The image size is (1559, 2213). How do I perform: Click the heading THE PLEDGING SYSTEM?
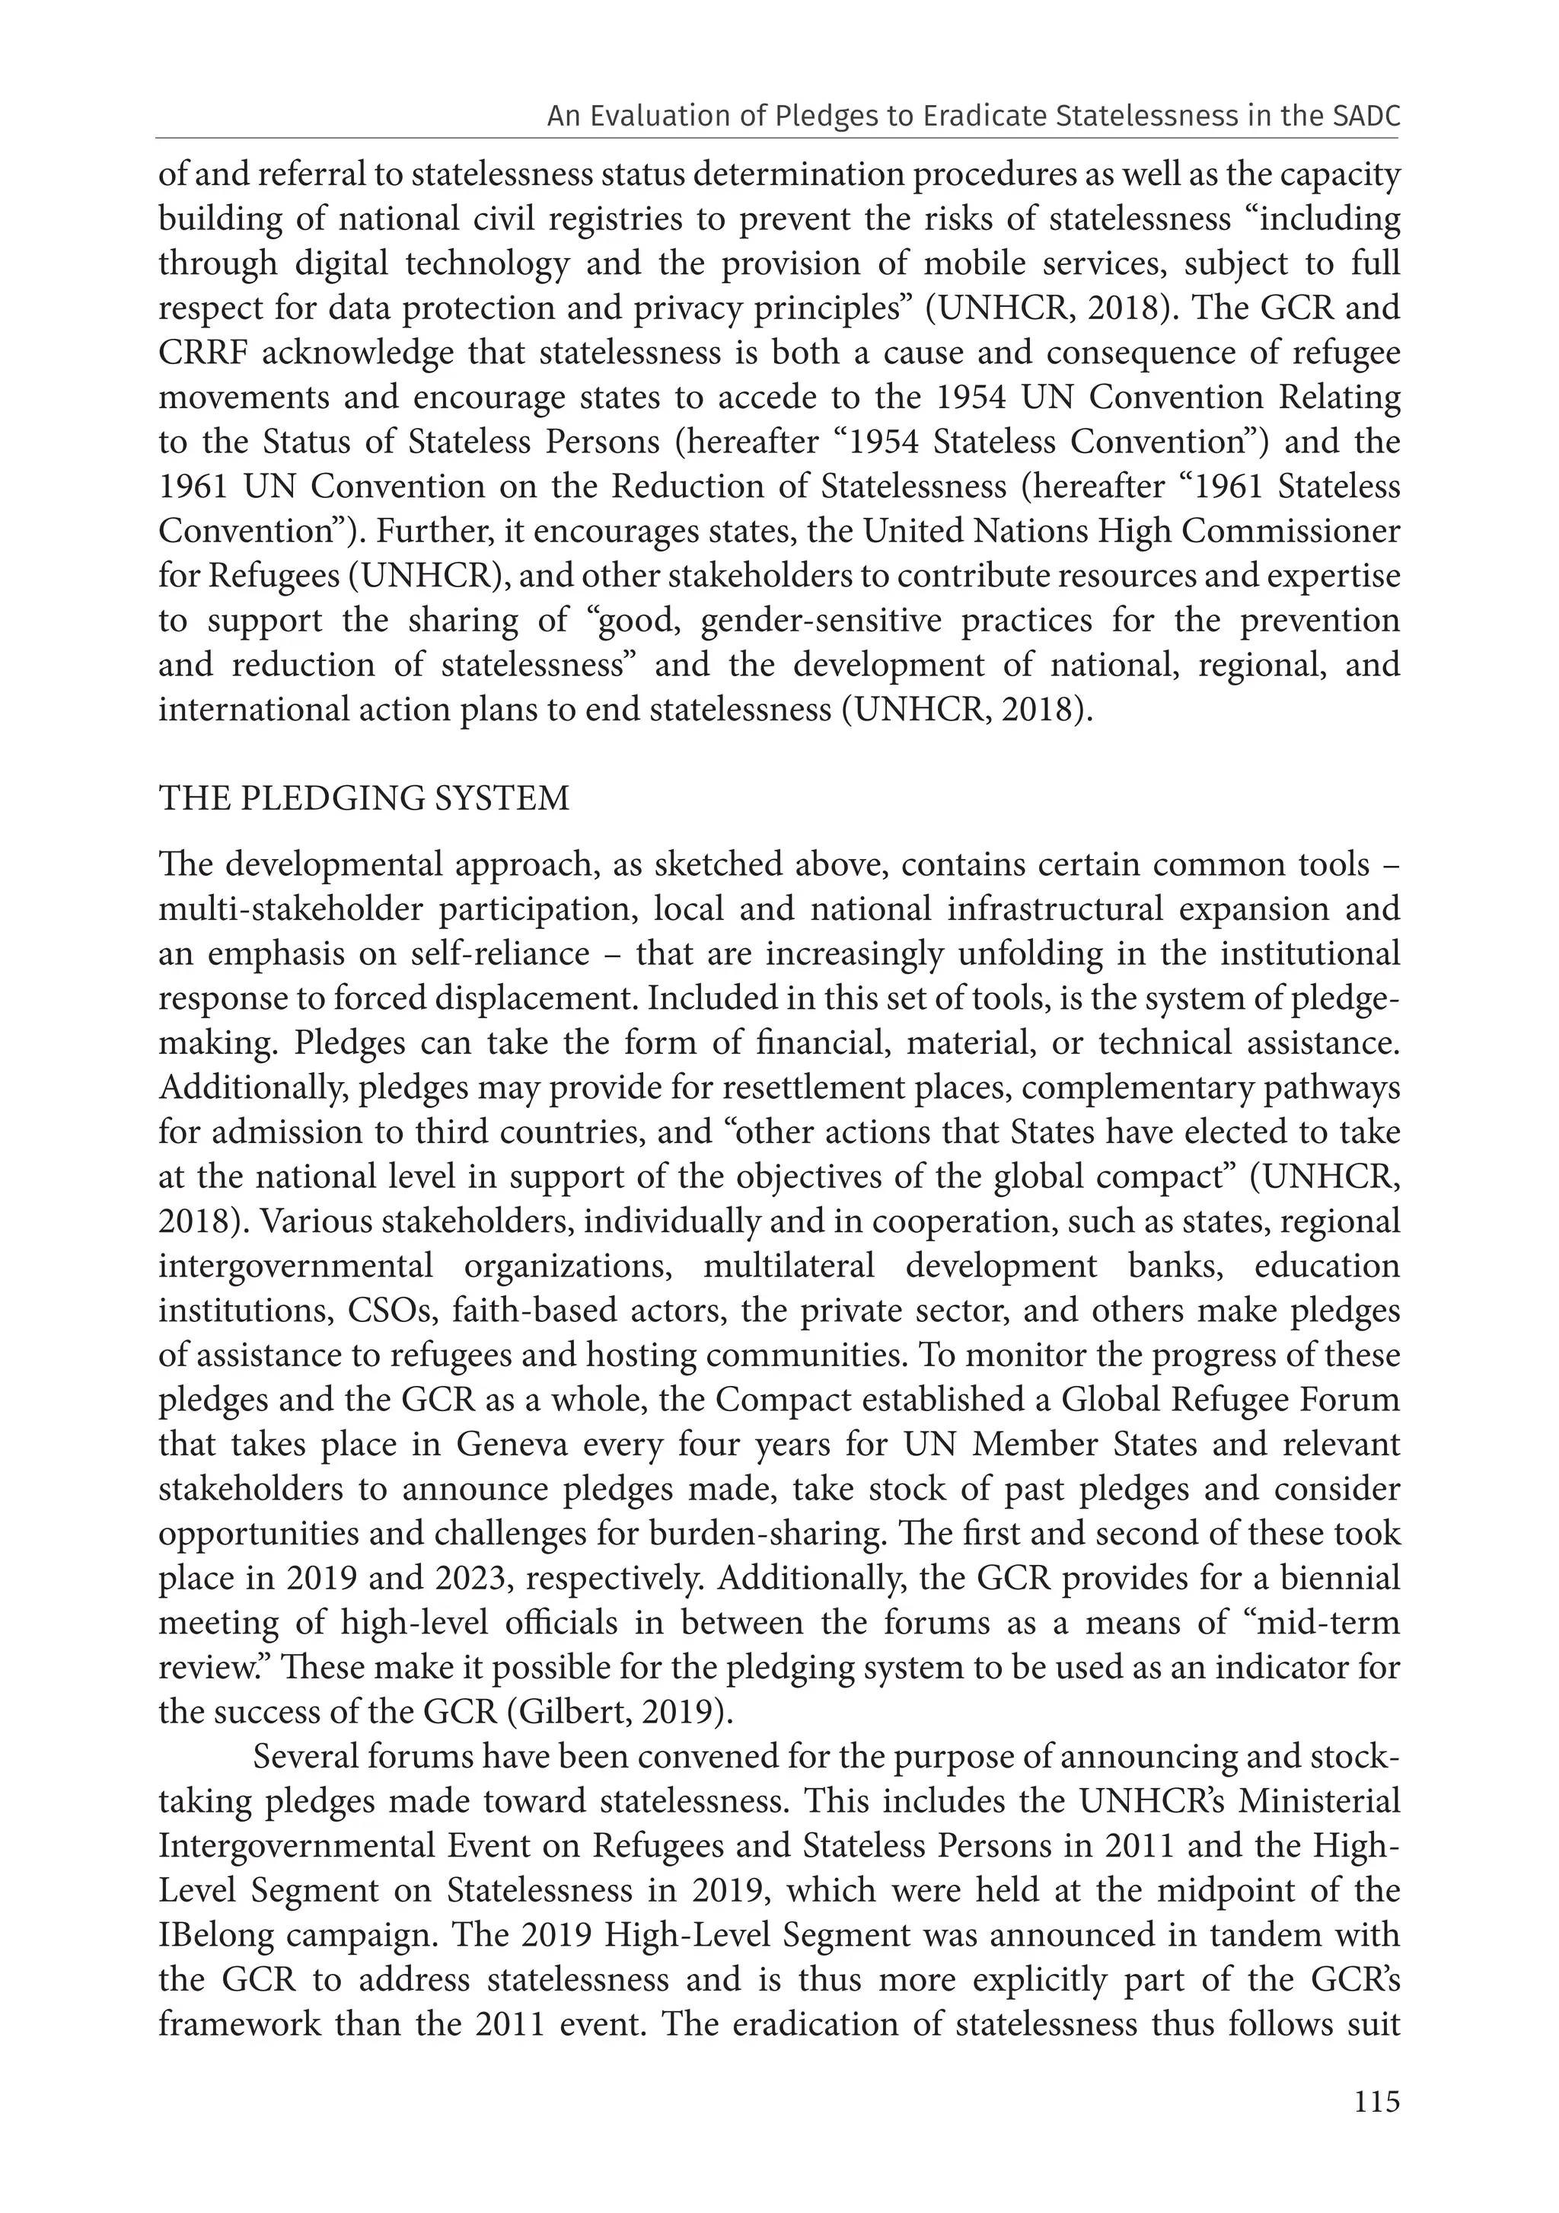pyautogui.click(x=364, y=799)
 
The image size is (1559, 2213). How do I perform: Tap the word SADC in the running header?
pyautogui.click(x=1366, y=117)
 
